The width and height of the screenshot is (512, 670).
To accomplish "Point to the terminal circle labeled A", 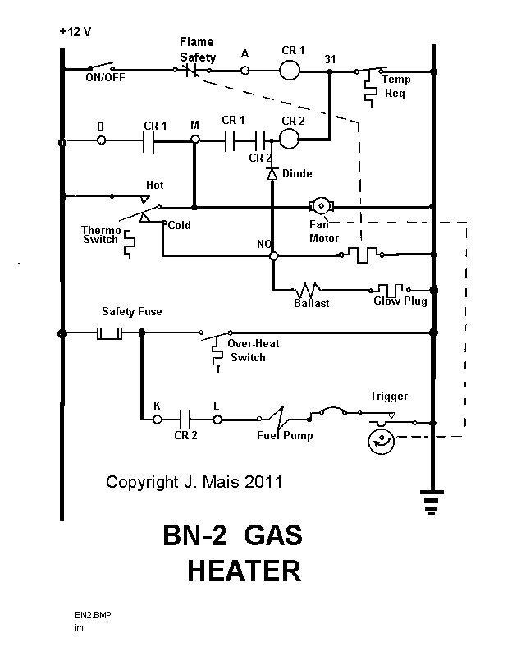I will point(245,71).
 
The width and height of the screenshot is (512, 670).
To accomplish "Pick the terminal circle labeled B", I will point(101,141).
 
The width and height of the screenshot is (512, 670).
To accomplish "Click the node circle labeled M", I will point(195,140).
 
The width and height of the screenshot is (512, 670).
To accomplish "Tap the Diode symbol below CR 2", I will point(272,174).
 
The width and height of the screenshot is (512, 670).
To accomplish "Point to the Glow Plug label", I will point(400,302).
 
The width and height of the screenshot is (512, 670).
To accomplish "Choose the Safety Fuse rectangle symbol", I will point(109,333).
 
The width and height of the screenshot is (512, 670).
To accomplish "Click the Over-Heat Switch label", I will point(254,351).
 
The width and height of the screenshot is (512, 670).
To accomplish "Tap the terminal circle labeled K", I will point(157,419).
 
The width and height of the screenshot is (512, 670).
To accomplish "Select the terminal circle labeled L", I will point(218,419).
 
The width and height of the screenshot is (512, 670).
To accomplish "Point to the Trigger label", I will point(388,397).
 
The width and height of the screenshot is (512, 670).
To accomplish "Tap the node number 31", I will point(331,59).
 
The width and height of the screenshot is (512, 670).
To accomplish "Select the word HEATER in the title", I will point(243,569).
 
